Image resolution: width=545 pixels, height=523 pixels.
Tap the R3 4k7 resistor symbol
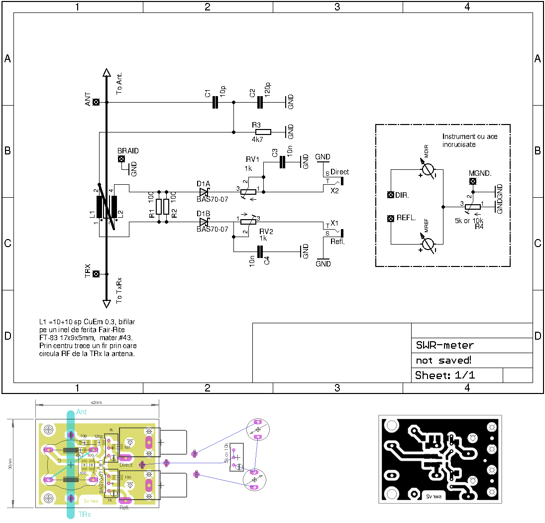(263, 132)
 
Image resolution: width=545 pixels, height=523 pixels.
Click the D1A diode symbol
(204, 192)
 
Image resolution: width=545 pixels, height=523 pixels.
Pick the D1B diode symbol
(204, 222)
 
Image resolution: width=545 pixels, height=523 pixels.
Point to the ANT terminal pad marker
(96, 102)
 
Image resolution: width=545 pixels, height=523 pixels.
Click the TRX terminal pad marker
(96, 274)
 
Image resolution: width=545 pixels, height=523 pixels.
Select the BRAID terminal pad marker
(121, 159)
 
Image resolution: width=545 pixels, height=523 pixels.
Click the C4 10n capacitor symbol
(259, 252)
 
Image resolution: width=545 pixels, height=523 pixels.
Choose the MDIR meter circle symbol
(427, 170)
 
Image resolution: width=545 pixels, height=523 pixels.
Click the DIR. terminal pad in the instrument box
(391, 195)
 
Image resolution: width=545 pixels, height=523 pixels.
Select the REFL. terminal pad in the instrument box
(391, 218)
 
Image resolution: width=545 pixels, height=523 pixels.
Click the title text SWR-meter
(444, 345)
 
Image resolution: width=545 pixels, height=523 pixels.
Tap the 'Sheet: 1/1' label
(445, 375)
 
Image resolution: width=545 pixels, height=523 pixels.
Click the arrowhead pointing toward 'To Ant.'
(106, 73)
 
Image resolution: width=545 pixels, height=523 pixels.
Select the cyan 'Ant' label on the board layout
(82, 412)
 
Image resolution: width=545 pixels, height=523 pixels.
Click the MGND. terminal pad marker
(472, 180)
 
